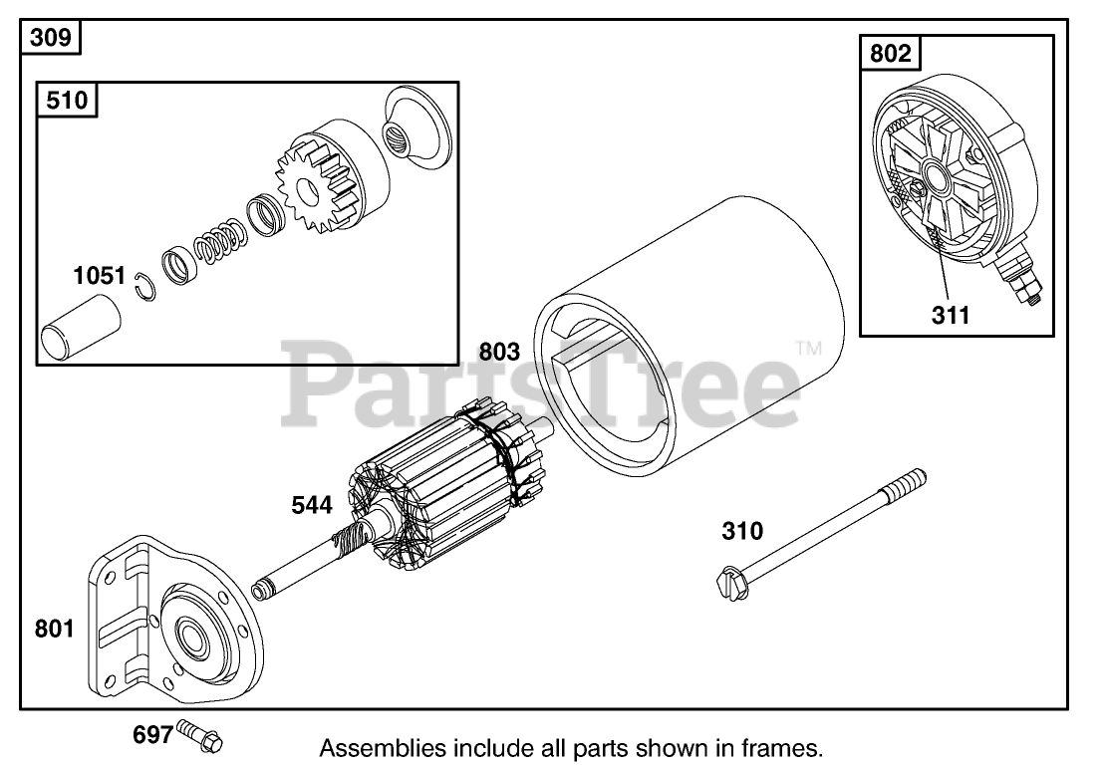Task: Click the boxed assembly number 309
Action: coord(50,39)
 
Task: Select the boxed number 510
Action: coord(68,101)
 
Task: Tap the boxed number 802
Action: coord(890,53)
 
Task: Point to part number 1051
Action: coord(99,275)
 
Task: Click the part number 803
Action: coord(499,351)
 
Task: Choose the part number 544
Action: coord(312,505)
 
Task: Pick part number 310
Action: coord(742,531)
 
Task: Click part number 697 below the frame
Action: coord(152,735)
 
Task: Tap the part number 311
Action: coord(950,316)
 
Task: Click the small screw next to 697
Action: coord(203,738)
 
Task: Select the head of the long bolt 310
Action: coord(729,582)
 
